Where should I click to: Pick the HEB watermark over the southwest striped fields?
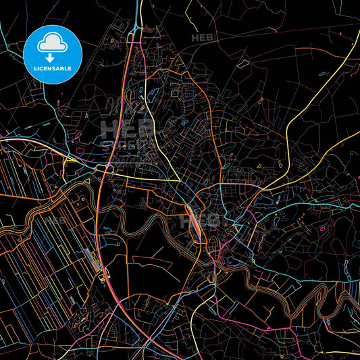[56, 220]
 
